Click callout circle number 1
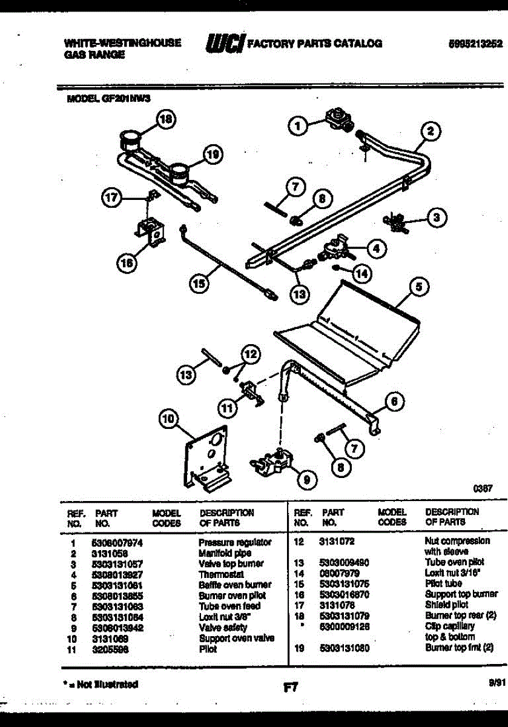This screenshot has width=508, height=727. tap(297, 126)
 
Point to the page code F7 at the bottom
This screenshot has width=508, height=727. tap(290, 688)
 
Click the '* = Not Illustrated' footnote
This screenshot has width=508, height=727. tap(100, 685)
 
